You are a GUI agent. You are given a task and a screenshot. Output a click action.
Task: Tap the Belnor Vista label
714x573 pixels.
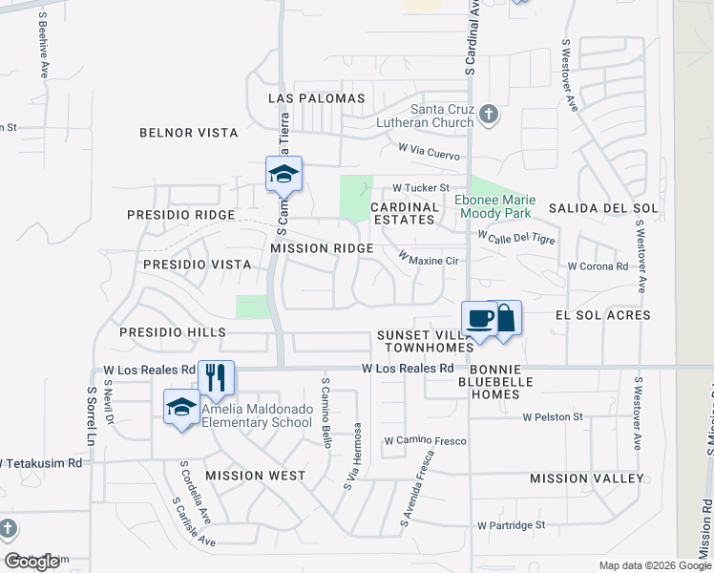coord(188,133)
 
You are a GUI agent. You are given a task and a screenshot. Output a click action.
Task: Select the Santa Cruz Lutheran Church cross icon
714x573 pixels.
coord(488,116)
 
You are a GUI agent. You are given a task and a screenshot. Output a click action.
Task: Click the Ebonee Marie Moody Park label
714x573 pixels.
coord(497,205)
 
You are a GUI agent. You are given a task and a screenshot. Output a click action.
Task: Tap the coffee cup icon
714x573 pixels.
coord(480,318)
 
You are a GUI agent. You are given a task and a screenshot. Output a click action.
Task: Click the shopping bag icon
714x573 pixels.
coord(505,318)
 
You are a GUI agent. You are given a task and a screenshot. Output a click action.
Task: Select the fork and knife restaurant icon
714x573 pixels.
coord(216,377)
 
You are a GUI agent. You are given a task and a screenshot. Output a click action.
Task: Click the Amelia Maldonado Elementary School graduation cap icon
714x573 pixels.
coord(181,408)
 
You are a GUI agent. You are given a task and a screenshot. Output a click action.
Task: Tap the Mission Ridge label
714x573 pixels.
coord(322,248)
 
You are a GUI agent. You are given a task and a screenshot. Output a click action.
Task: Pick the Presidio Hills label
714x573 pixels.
coord(173,332)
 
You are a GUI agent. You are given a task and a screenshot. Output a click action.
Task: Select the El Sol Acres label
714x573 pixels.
coord(609,314)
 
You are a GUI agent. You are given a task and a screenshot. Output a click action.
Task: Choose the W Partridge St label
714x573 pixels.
coord(511,524)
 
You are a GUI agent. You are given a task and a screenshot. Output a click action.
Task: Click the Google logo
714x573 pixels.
coord(31,562)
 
